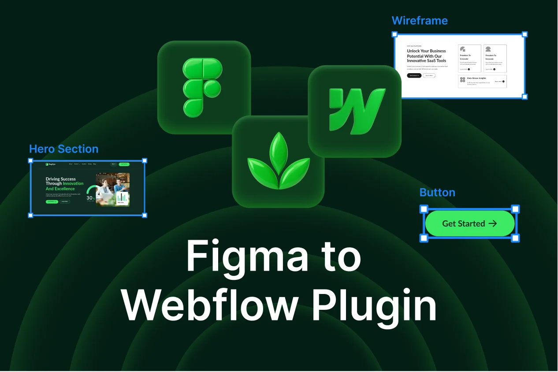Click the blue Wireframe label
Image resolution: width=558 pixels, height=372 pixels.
[x=419, y=21]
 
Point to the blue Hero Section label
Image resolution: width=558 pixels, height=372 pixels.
[x=63, y=149]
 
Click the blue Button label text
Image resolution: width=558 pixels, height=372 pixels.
[x=437, y=193]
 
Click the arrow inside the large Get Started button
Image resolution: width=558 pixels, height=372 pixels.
[x=493, y=223]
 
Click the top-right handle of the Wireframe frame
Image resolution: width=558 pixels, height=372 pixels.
[x=525, y=34]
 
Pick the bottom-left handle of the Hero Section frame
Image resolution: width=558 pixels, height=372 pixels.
[x=30, y=215]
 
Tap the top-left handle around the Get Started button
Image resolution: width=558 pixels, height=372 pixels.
[x=423, y=209]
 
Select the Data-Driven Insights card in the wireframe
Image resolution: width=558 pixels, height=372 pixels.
[x=482, y=81]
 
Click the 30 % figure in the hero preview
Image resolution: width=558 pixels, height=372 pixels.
[x=91, y=198]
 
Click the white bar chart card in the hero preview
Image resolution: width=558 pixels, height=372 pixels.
[x=123, y=198]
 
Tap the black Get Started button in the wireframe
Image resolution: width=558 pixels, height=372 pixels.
[x=414, y=75]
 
